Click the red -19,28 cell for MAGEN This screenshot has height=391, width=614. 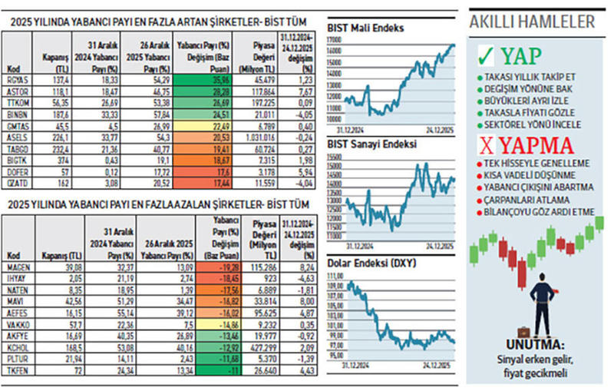205,267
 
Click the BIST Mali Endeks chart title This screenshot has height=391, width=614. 365,28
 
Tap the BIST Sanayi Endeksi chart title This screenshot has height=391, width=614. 371,144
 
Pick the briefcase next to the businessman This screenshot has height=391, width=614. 524,333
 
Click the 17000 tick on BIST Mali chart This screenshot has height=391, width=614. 334,39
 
